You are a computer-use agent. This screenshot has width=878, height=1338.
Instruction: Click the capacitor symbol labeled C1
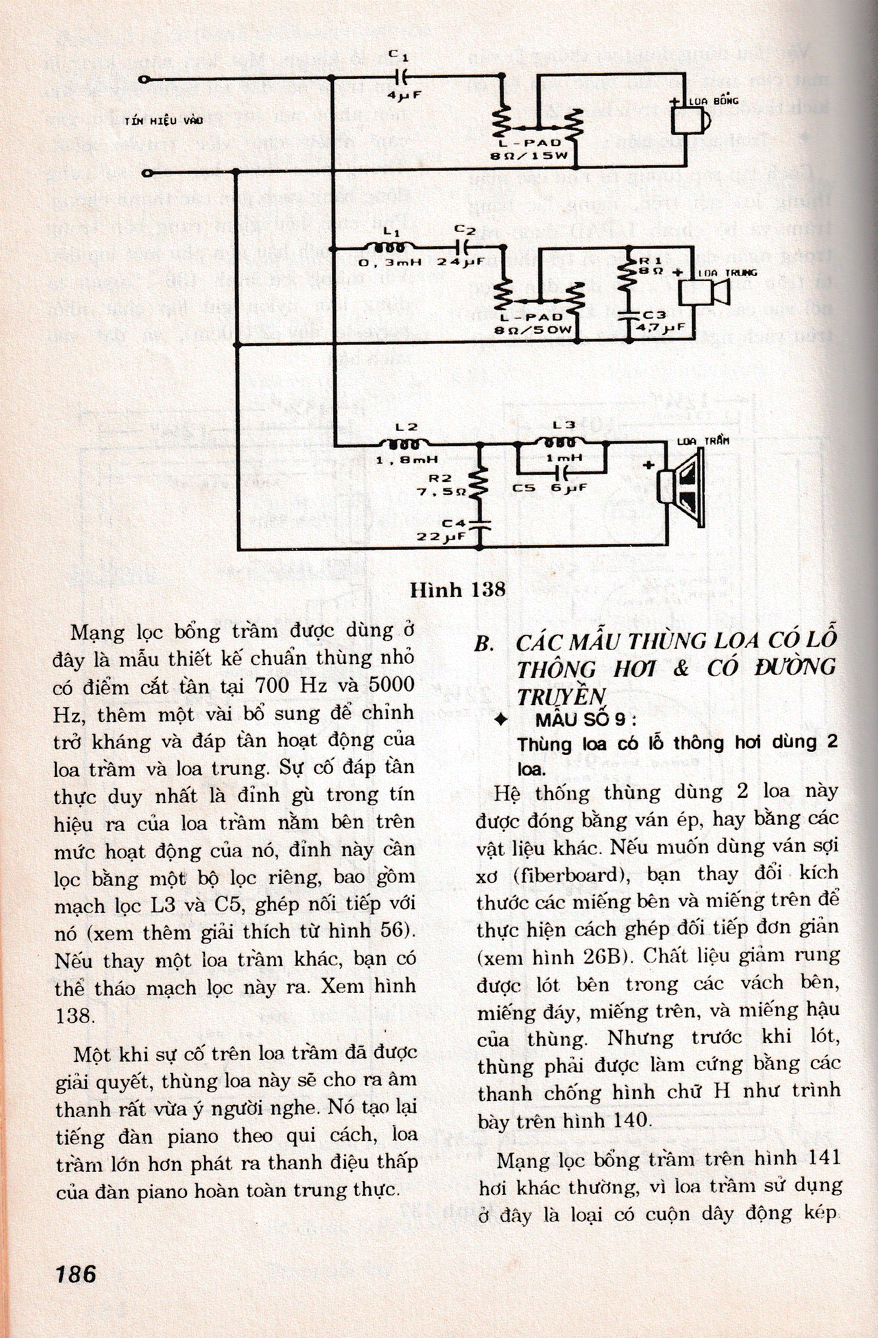click(x=402, y=76)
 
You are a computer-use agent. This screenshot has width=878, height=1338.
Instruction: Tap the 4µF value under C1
click(x=403, y=95)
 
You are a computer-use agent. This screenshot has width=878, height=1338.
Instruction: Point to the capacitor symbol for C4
click(x=479, y=525)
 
